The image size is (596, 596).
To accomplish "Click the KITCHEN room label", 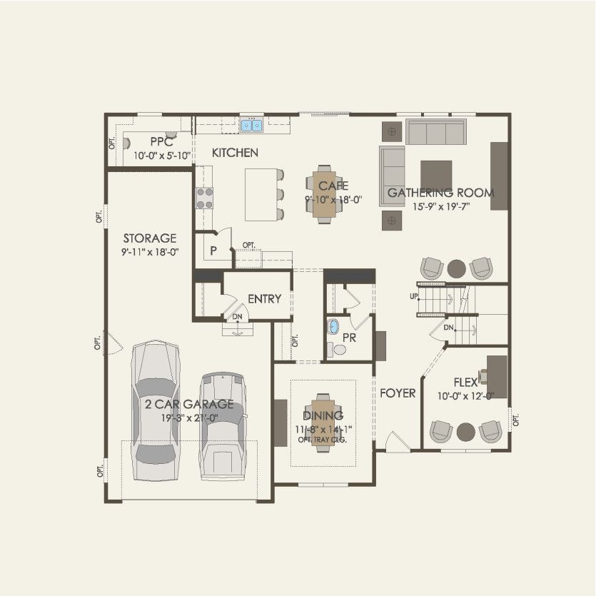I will (235, 153).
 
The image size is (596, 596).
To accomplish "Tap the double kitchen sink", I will (251, 126).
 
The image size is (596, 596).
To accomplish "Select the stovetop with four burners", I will (204, 197).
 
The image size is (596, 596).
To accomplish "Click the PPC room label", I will (161, 142).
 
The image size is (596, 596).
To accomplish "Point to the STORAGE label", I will (149, 238).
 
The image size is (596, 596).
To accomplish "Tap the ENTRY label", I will (264, 299).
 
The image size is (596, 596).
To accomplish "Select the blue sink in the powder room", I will (333, 328).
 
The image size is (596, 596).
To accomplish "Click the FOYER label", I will (398, 393).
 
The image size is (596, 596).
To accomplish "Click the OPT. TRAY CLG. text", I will (323, 440).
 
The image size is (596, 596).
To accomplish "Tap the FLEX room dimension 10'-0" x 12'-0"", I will (465, 396).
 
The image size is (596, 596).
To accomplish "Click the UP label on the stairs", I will (414, 296).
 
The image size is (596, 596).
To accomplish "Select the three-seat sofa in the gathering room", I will (436, 132).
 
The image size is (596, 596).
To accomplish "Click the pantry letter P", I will (213, 251).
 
